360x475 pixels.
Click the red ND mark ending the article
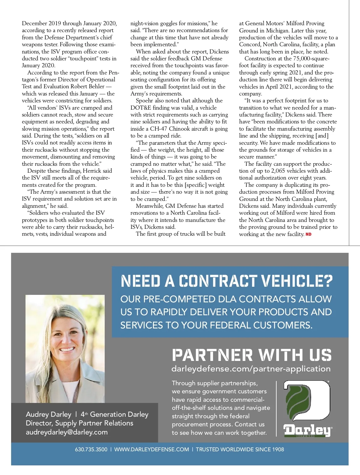pyautogui.click(x=308, y=234)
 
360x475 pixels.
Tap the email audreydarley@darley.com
pyautogui.click(x=67, y=432)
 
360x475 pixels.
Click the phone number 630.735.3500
pyautogui.click(x=91, y=449)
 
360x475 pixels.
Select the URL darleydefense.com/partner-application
pyautogui.click(x=251, y=369)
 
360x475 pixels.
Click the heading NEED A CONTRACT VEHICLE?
pyautogui.click(x=227, y=281)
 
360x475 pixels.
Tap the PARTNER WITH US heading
pyautogui.click(x=252, y=355)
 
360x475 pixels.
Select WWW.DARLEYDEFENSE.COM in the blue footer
pyautogui.click(x=151, y=449)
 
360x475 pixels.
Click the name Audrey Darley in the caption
pyautogui.click(x=49, y=414)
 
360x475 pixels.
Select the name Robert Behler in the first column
pyautogui.click(x=88, y=86)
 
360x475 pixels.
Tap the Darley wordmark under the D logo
pyautogui.click(x=307, y=430)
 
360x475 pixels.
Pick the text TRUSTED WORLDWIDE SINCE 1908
pyautogui.click(x=240, y=449)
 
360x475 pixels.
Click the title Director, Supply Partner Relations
pyautogui.click(x=79, y=423)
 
